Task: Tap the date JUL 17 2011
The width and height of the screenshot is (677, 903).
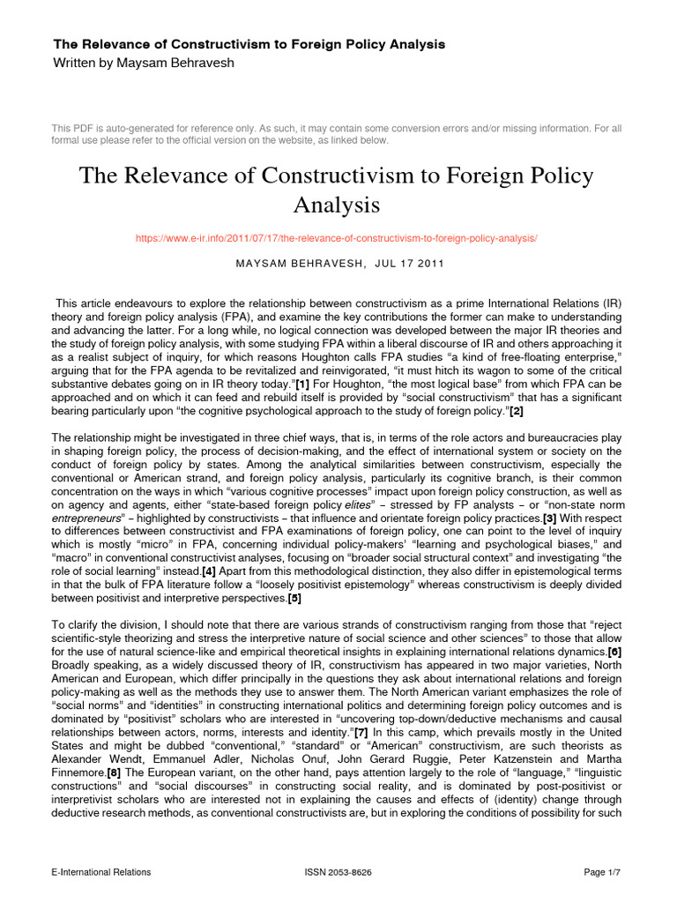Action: tap(392, 264)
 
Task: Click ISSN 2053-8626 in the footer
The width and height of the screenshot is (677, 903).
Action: tap(338, 872)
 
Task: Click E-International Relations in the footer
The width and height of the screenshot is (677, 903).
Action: tap(101, 872)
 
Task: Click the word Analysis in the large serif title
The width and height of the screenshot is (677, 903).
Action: tap(337, 205)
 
